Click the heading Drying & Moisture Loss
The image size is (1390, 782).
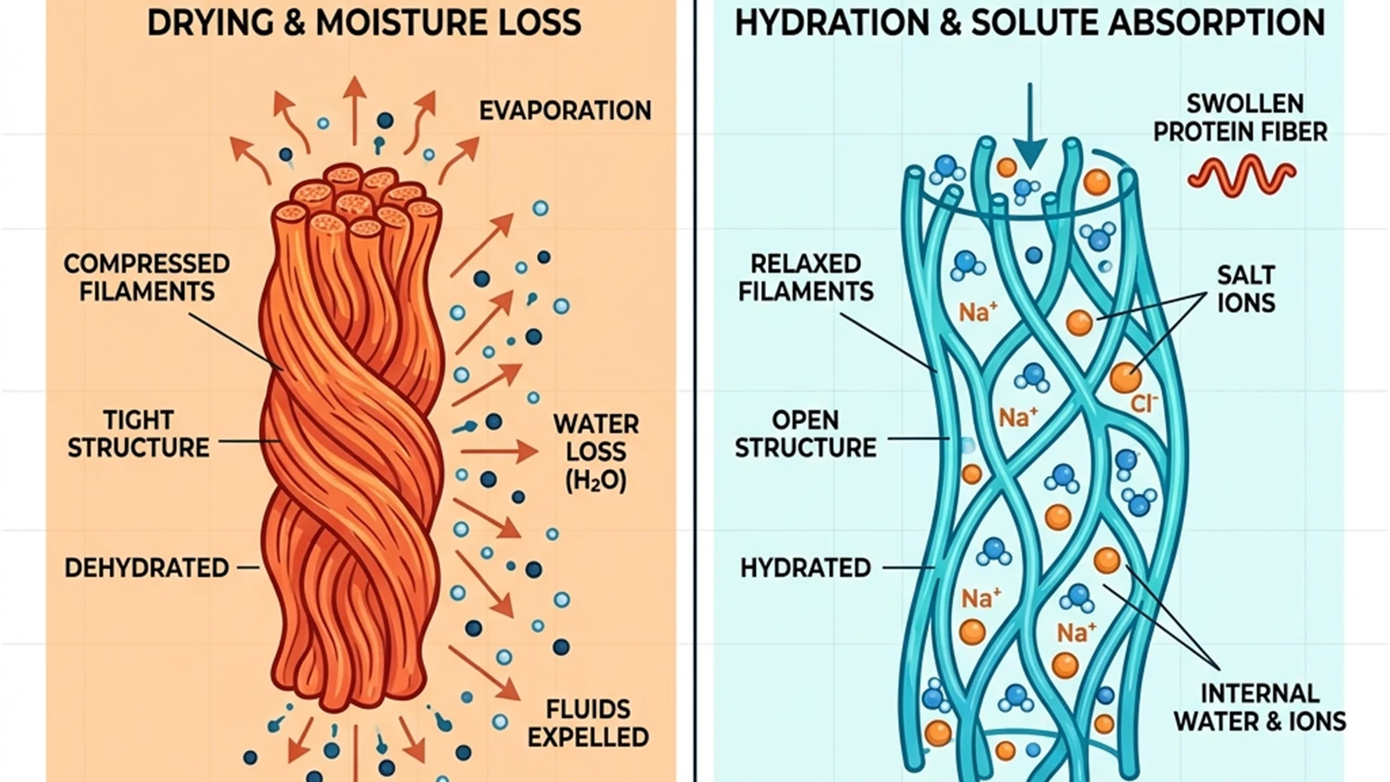[364, 23]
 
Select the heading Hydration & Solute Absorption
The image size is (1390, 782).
[1029, 23]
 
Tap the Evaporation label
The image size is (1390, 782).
[566, 110]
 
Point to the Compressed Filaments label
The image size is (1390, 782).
[147, 277]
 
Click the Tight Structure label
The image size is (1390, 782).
[138, 434]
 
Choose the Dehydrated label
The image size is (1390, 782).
[147, 568]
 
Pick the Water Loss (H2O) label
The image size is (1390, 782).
[596, 452]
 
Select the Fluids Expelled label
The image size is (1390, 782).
[587, 723]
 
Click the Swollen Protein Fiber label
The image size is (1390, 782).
[1241, 117]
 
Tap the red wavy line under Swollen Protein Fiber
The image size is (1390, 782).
[1241, 176]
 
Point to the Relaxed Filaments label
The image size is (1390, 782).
[805, 277]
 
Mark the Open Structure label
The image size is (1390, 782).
[805, 434]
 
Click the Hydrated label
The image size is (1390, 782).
[805, 568]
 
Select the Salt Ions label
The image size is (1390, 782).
[1246, 288]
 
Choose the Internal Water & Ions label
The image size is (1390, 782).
[1261, 707]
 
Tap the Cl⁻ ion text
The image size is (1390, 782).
[1143, 404]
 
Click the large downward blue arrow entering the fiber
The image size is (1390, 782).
[1030, 126]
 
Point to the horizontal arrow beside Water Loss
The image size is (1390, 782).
[499, 451]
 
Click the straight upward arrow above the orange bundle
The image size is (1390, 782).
[354, 110]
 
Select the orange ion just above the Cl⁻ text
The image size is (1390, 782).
[1126, 377]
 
